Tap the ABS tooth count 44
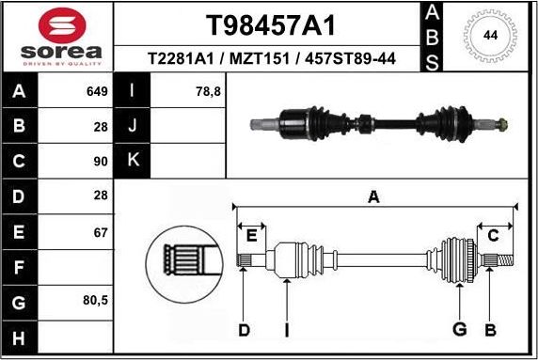pyautogui.click(x=490, y=36)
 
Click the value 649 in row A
pyautogui.click(x=96, y=92)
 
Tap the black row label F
pyautogui.click(x=21, y=268)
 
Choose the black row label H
pyautogui.click(x=21, y=337)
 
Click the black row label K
pyautogui.click(x=133, y=159)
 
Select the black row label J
pyautogui.click(x=133, y=125)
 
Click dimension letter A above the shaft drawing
pyautogui.click(x=373, y=196)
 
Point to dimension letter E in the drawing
pyautogui.click(x=250, y=236)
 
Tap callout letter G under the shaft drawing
pyautogui.click(x=459, y=329)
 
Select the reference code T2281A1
pyautogui.click(x=180, y=59)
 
